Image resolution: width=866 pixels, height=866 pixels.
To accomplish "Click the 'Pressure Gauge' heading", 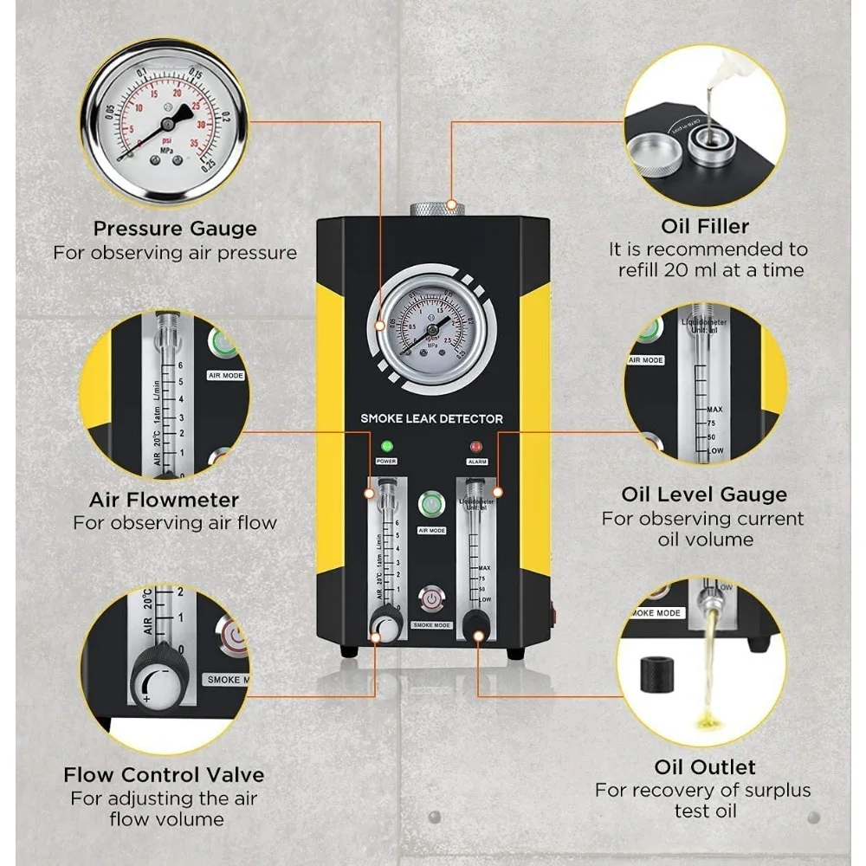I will pyautogui.click(x=175, y=229).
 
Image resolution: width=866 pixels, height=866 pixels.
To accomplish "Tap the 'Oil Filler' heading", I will pyautogui.click(x=704, y=226).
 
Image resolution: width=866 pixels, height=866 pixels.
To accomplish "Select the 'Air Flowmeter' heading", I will pyautogui.click(x=164, y=500).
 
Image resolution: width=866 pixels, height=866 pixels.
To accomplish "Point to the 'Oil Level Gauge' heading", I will pyautogui.click(x=704, y=494).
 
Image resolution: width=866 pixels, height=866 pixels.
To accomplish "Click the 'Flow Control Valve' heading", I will pyautogui.click(x=164, y=774).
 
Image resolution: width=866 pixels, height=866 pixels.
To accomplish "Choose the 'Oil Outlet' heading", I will pyautogui.click(x=704, y=767).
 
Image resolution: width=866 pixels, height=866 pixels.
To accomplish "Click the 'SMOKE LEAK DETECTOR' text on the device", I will pyautogui.click(x=431, y=419).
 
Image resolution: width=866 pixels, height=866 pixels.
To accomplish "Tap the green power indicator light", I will pyautogui.click(x=386, y=447).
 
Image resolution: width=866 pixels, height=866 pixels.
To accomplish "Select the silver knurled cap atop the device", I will pyautogui.click(x=436, y=208).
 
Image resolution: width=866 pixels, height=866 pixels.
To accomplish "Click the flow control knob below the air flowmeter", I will pyautogui.click(x=382, y=624).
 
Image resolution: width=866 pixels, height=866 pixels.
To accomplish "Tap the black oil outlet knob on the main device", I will pyautogui.click(x=475, y=624).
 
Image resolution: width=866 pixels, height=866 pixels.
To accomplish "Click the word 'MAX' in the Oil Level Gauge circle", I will pyautogui.click(x=714, y=409).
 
